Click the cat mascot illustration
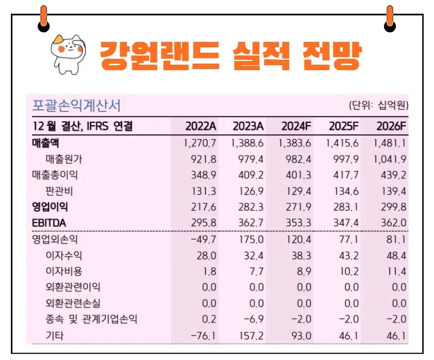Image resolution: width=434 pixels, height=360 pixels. click(67, 52)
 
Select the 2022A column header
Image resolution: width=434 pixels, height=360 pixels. click(201, 127)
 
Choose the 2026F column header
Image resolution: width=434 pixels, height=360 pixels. click(392, 127)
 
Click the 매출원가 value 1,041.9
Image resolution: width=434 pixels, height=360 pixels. click(390, 159)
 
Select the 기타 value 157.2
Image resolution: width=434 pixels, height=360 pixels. click(252, 336)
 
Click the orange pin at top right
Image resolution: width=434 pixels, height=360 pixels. click(389, 16)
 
